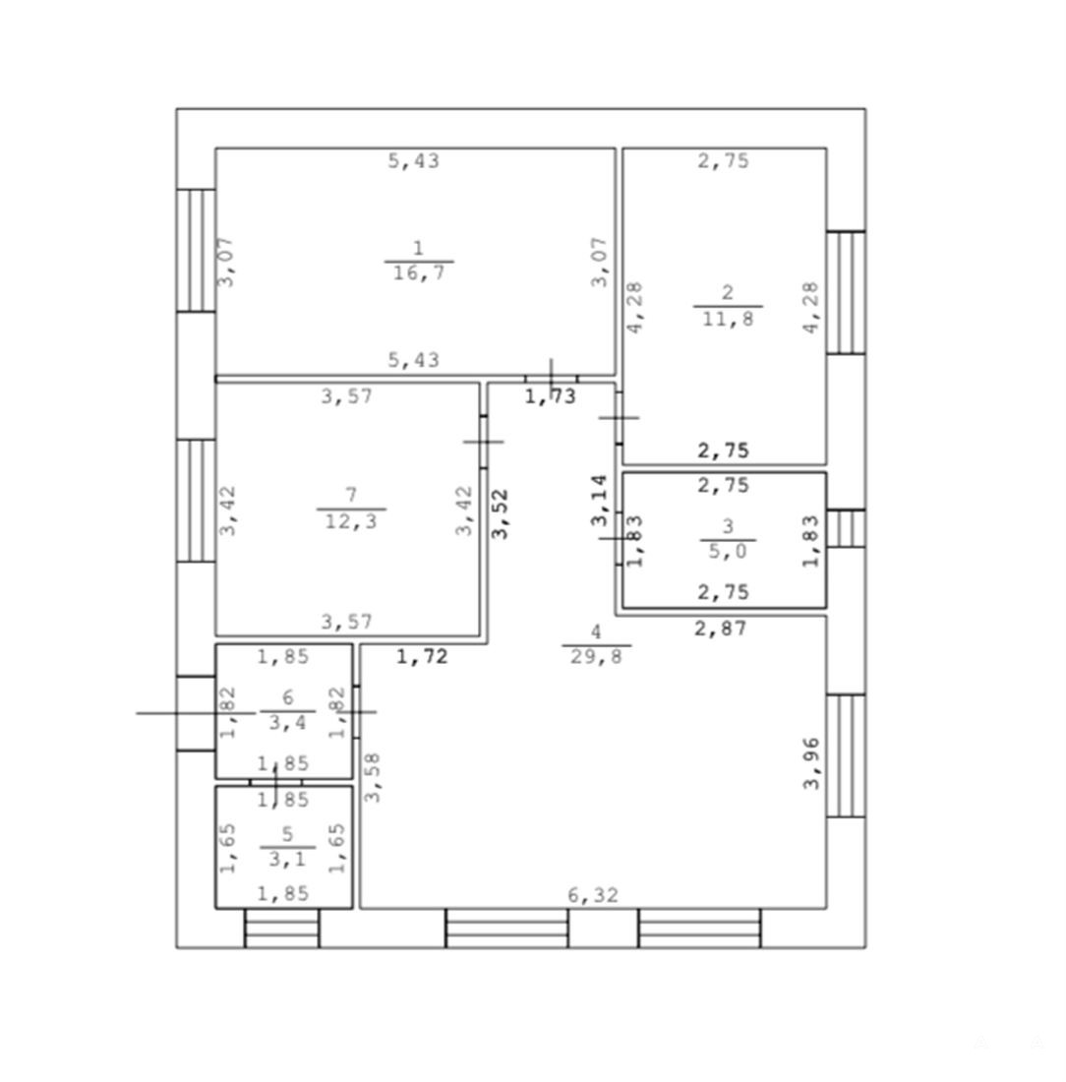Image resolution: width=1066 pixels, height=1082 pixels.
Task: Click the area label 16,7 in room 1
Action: click(419, 273)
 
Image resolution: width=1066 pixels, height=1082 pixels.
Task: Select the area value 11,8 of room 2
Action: click(728, 319)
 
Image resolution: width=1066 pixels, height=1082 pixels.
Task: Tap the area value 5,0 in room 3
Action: click(728, 552)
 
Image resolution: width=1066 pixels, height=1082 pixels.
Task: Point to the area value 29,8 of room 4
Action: click(596, 655)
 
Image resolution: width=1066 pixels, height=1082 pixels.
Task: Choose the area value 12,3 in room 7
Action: click(351, 521)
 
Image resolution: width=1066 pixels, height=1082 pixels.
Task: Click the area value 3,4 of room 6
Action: click(288, 723)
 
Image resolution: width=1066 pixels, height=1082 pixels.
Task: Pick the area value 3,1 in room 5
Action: click(288, 859)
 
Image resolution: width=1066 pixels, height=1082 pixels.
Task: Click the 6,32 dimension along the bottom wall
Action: click(593, 895)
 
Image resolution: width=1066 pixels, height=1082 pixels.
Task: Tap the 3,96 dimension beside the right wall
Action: click(811, 763)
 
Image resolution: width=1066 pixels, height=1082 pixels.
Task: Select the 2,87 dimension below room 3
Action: click(720, 628)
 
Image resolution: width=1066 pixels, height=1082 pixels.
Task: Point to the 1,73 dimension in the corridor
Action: click(550, 396)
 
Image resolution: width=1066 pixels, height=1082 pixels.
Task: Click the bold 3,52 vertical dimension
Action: click(501, 513)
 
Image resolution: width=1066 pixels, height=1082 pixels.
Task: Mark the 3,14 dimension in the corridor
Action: click(600, 501)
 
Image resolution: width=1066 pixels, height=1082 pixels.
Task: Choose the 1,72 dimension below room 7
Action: click(422, 656)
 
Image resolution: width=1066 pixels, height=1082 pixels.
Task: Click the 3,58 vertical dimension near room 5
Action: click(372, 777)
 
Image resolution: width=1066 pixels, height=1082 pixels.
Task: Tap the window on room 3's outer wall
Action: click(846, 528)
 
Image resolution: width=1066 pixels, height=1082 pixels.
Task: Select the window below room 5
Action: click(282, 929)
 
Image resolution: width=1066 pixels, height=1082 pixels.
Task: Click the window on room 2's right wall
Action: click(846, 292)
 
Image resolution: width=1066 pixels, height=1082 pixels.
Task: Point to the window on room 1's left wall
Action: click(196, 251)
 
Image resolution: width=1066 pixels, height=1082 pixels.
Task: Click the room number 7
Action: click(351, 495)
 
